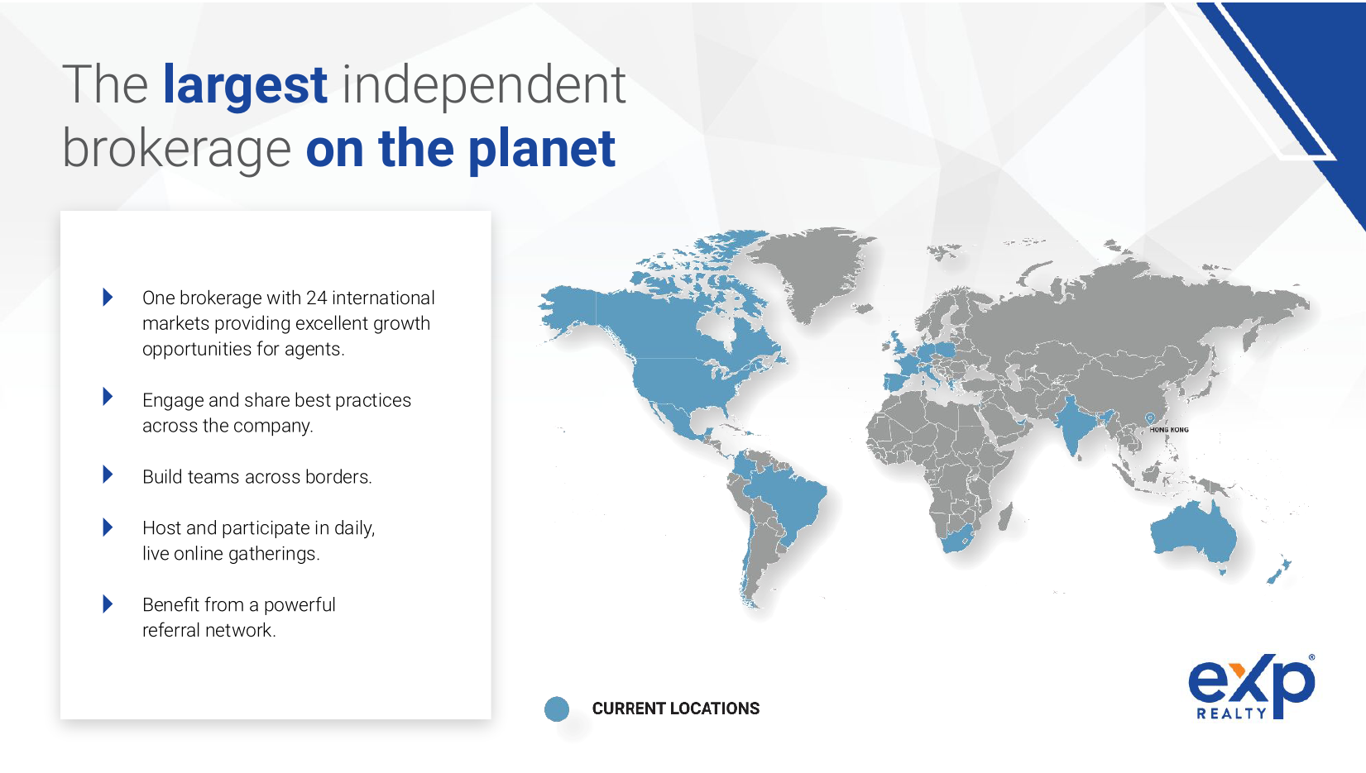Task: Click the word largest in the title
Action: (245, 87)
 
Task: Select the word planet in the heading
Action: (542, 150)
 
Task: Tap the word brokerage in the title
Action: (177, 150)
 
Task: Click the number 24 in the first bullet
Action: (317, 298)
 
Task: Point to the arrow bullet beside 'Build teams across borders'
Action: (108, 475)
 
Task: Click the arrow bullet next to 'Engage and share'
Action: (108, 397)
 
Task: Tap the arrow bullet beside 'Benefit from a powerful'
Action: (108, 604)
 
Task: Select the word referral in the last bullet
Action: (173, 631)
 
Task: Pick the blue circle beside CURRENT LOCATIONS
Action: (557, 709)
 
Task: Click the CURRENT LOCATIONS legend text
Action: (676, 709)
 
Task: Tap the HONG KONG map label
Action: (1169, 429)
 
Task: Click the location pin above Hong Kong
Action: (1149, 418)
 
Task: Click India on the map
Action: (1076, 423)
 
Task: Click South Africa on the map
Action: (959, 539)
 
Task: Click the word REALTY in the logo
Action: (1231, 713)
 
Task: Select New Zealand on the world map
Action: (1278, 571)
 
